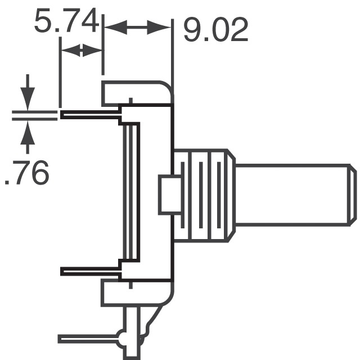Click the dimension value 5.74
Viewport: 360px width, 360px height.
click(66, 22)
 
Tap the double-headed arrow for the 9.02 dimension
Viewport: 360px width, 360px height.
click(138, 26)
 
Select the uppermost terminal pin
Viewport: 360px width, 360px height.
click(90, 116)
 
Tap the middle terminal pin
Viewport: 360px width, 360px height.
click(90, 272)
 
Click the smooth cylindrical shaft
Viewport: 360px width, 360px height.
click(292, 193)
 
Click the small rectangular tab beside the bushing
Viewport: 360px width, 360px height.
click(167, 195)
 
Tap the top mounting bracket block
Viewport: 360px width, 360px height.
click(135, 93)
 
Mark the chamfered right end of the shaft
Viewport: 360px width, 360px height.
click(352, 193)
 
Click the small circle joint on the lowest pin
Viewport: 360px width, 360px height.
click(122, 339)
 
